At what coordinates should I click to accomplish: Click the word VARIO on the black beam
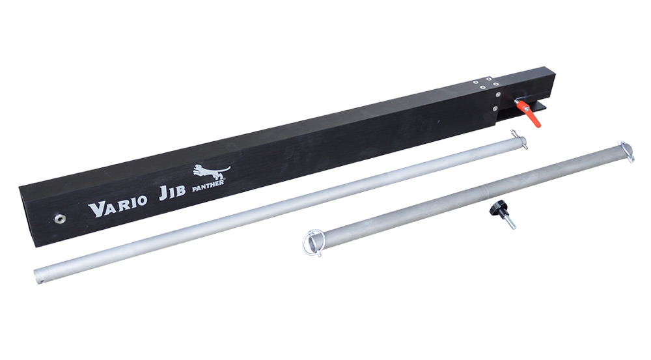(x=118, y=204)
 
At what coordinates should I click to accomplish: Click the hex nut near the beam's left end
(x=59, y=217)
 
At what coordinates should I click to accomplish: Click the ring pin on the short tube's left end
(x=312, y=244)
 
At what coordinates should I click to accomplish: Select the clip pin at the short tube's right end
(x=626, y=151)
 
